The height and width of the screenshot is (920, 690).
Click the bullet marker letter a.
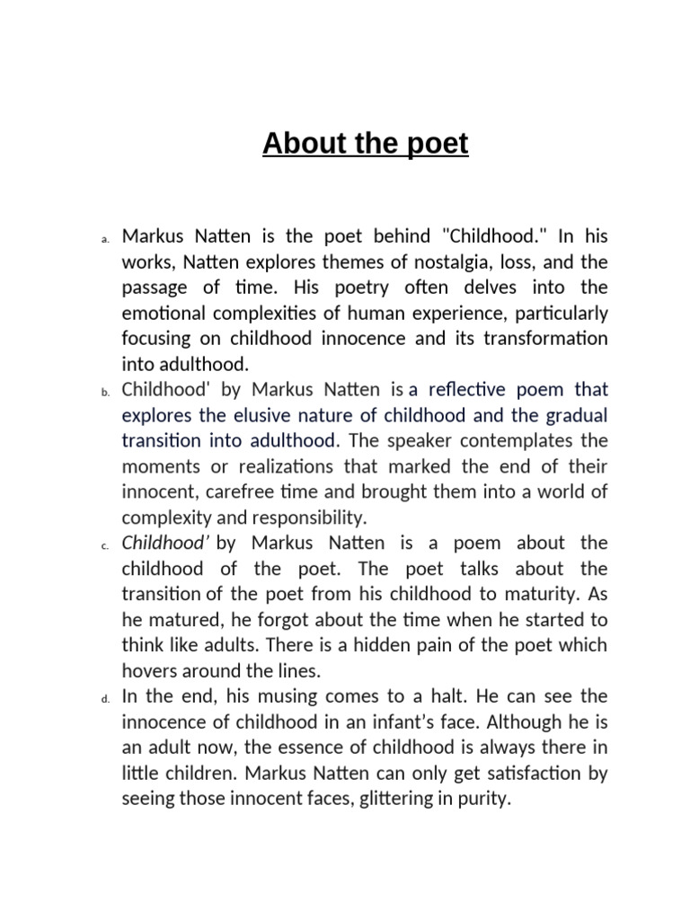click(104, 239)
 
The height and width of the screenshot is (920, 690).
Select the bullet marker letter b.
click(104, 392)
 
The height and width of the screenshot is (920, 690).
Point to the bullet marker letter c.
click(104, 545)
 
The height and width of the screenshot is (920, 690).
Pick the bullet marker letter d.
click(104, 698)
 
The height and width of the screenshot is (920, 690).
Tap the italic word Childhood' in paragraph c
click(166, 543)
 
